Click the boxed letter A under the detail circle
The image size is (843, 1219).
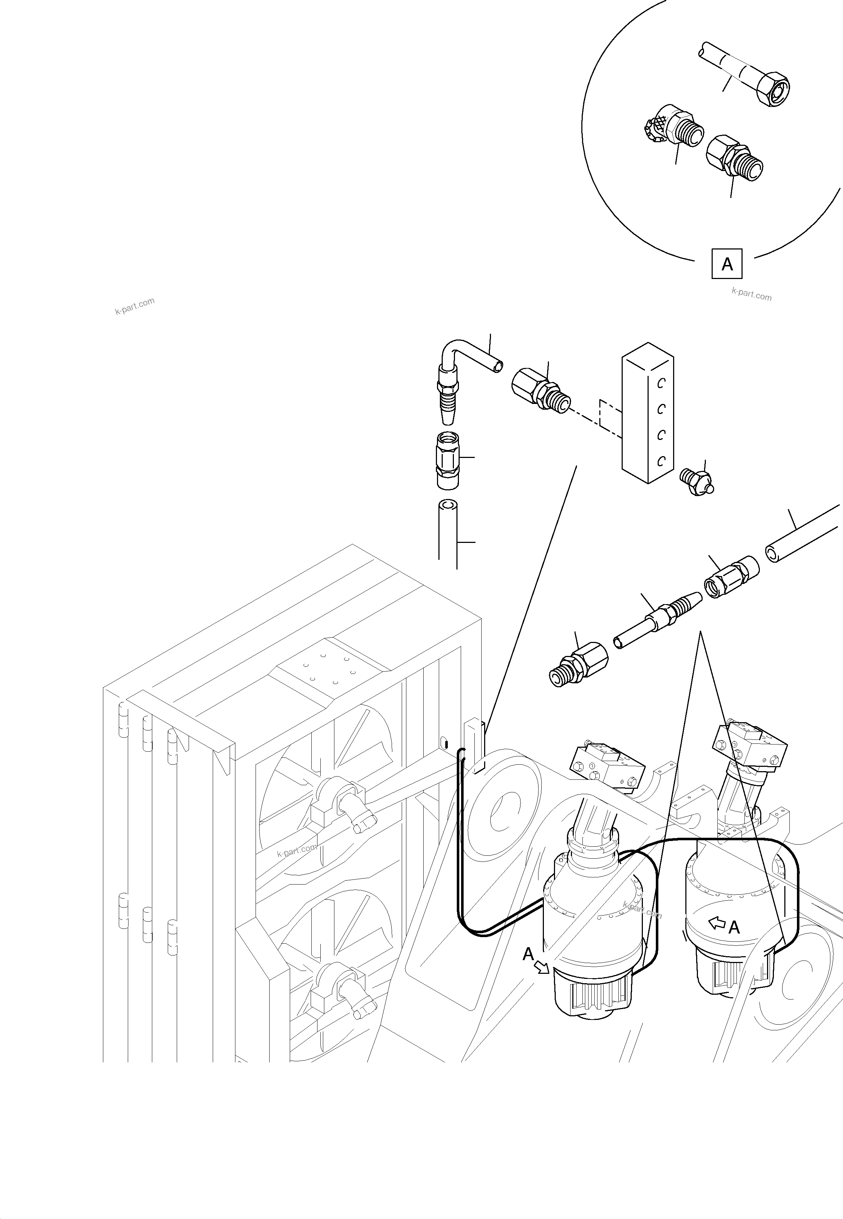[x=727, y=264]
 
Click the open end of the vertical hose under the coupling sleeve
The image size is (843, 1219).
[x=448, y=506]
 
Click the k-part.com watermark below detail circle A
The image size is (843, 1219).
[x=751, y=294]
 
